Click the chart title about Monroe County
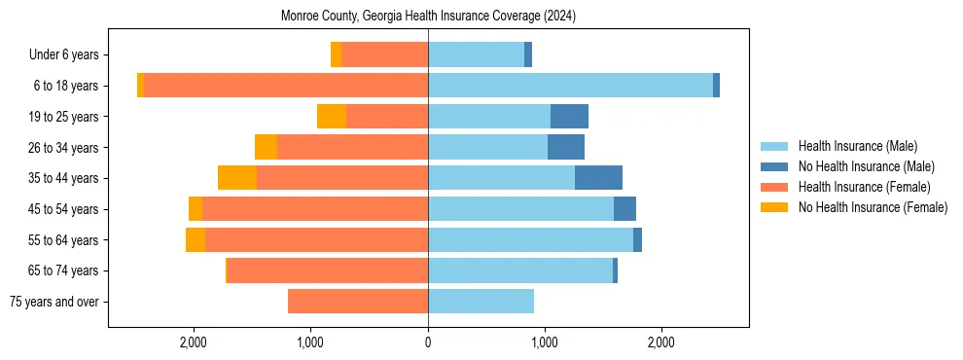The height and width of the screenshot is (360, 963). pyautogui.click(x=428, y=17)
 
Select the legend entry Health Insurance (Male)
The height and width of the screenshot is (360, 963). pyautogui.click(x=857, y=146)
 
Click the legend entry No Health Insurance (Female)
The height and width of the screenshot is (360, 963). pyautogui.click(x=873, y=207)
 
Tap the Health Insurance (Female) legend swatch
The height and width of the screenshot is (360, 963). pyautogui.click(x=775, y=187)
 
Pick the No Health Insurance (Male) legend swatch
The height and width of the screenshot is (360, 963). pyautogui.click(x=775, y=166)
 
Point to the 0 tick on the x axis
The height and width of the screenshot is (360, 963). pyautogui.click(x=428, y=343)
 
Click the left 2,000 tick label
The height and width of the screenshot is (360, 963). pyautogui.click(x=194, y=343)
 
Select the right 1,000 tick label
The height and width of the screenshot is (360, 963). pyautogui.click(x=544, y=343)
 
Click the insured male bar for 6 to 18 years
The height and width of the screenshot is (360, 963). pyautogui.click(x=570, y=86)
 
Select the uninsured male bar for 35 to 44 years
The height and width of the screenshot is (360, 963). pyautogui.click(x=598, y=178)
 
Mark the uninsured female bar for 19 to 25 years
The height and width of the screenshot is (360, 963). pyautogui.click(x=332, y=117)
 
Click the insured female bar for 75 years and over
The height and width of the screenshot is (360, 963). pyautogui.click(x=358, y=302)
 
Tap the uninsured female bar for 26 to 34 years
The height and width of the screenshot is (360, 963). pyautogui.click(x=266, y=147)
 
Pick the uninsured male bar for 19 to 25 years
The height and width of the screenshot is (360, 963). pyautogui.click(x=569, y=117)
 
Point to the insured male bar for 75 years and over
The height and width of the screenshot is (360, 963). pyautogui.click(x=481, y=302)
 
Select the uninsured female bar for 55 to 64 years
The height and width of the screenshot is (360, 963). pyautogui.click(x=196, y=239)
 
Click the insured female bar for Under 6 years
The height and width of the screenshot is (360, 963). pyautogui.click(x=384, y=55)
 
